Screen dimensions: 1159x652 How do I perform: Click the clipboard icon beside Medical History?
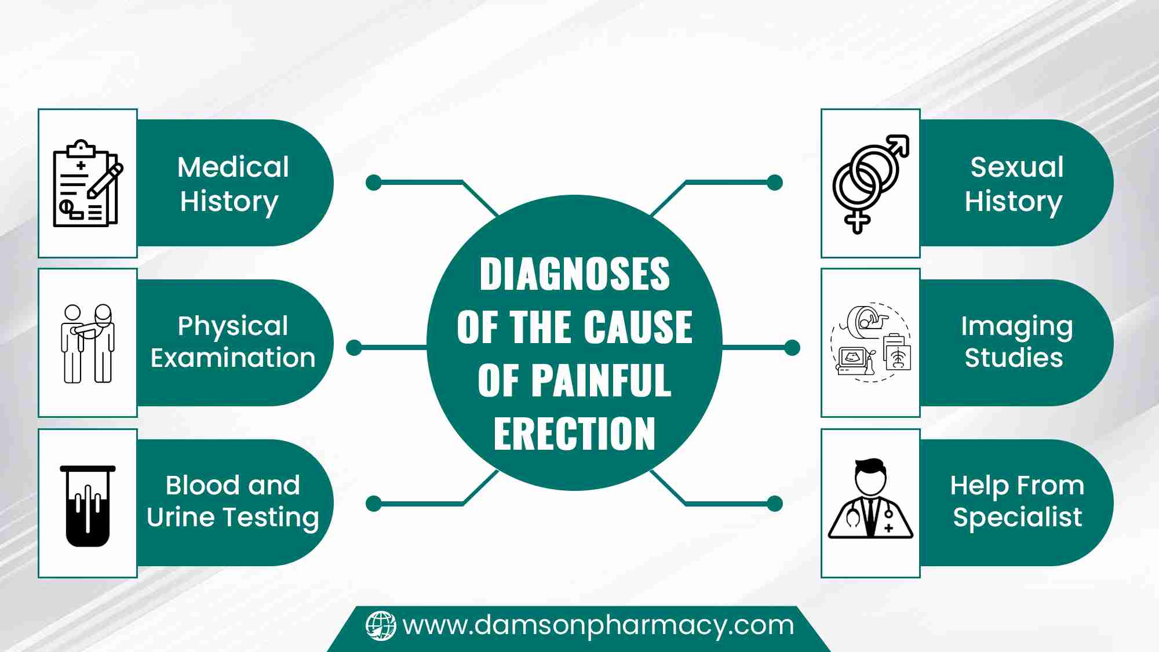tap(88, 183)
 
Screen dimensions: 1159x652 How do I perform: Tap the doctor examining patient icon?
tap(88, 343)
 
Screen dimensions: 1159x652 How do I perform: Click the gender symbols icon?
tap(870, 184)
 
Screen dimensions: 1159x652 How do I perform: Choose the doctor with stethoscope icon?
tap(870, 498)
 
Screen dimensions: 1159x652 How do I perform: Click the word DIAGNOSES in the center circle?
tap(574, 274)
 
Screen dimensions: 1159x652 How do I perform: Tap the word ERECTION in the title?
tap(574, 434)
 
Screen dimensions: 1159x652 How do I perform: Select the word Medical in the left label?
tap(233, 167)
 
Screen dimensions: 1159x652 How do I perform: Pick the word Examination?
tap(233, 358)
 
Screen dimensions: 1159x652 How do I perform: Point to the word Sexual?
tap(1017, 167)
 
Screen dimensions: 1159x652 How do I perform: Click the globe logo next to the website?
tap(381, 626)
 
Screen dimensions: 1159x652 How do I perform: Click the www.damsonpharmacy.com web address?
tap(598, 626)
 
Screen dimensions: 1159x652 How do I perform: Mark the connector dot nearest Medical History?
tap(374, 183)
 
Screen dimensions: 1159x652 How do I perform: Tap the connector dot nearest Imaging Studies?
tap(792, 348)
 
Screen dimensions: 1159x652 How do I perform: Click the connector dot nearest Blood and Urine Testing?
tap(374, 504)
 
